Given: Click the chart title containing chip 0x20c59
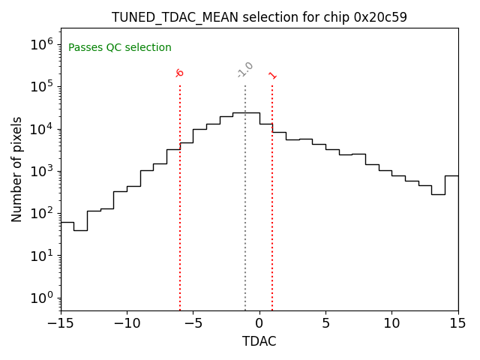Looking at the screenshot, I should coord(259,17).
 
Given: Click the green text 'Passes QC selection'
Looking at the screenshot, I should coord(120,48).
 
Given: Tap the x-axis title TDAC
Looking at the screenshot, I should coord(259,341).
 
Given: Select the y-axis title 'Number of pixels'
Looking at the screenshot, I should coord(17,169).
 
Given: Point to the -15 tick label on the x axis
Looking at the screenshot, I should coord(61,324).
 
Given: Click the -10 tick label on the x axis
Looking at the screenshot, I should coord(127,324).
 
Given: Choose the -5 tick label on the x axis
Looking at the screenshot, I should coord(193,324).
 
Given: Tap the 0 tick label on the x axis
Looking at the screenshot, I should coord(259,324).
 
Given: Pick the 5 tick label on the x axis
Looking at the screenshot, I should coord(325,324).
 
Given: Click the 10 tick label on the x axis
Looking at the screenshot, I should coord(391,324).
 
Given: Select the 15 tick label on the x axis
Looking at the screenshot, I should coord(457,324).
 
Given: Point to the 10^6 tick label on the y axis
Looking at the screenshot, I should coord(41,44).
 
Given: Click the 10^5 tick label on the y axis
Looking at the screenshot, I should coord(41,86).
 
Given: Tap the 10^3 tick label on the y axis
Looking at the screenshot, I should coord(41,171).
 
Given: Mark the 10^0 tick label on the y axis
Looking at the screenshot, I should coord(41,298).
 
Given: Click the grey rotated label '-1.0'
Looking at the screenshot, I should coord(245,70).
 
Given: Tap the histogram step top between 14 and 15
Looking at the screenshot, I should coord(451,175).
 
